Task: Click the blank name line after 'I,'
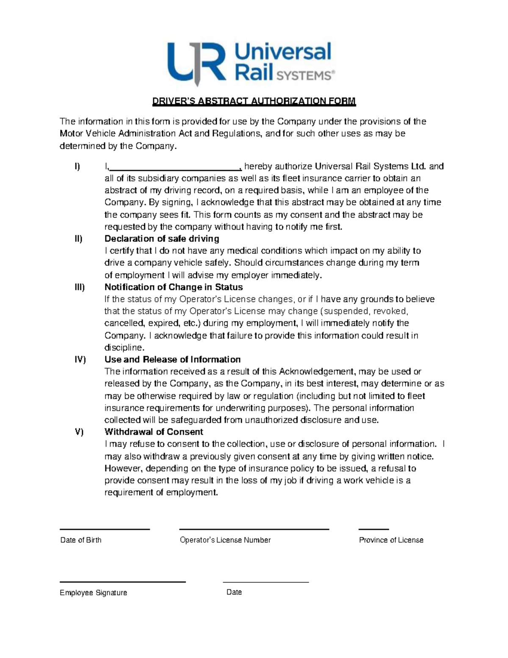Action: pyautogui.click(x=175, y=167)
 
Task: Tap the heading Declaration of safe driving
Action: pyautogui.click(x=162, y=239)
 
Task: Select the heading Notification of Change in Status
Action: pyautogui.click(x=174, y=287)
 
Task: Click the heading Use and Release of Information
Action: pyautogui.click(x=172, y=360)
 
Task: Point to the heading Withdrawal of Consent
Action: pyautogui.click(x=154, y=432)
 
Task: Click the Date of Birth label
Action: pyautogui.click(x=81, y=540)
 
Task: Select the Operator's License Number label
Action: pyautogui.click(x=225, y=540)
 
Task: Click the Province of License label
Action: pyautogui.click(x=391, y=540)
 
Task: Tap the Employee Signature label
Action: pyautogui.click(x=94, y=593)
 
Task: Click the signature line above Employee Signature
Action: pyautogui.click(x=123, y=582)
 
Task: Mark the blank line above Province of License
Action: pyautogui.click(x=373, y=529)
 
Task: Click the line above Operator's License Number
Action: pyautogui.click(x=254, y=529)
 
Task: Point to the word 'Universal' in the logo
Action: pyautogui.click(x=283, y=52)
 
